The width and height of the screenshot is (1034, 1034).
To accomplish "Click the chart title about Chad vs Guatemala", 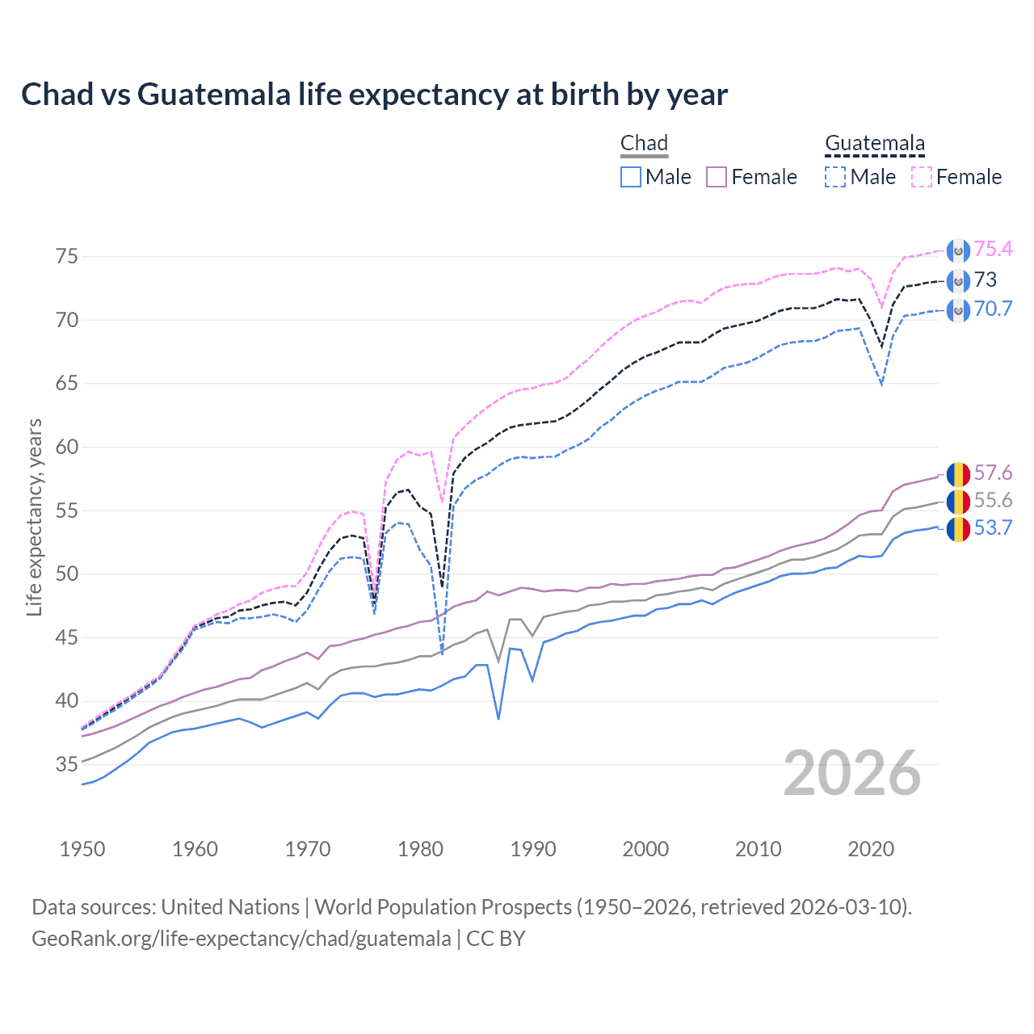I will click(x=374, y=95).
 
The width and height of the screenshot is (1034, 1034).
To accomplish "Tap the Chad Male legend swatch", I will click(x=631, y=177).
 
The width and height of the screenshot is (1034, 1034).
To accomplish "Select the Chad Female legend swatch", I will click(x=717, y=177).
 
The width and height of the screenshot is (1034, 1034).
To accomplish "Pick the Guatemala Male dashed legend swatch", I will click(x=835, y=177).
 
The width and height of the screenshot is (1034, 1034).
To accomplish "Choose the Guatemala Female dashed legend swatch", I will click(x=922, y=177).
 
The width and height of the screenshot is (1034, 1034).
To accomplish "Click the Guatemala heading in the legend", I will click(x=875, y=144).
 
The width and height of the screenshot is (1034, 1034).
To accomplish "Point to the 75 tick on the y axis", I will click(x=67, y=257).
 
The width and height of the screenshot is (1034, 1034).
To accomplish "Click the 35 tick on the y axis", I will click(x=67, y=764).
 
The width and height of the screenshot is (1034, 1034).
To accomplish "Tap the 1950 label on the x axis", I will click(x=82, y=849).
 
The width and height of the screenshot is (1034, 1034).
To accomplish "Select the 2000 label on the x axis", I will click(x=645, y=849).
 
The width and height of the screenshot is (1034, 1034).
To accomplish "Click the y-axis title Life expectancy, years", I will click(x=35, y=517).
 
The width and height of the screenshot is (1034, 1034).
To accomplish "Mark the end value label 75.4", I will click(x=993, y=250).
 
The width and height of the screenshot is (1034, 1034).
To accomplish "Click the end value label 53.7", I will click(x=993, y=528).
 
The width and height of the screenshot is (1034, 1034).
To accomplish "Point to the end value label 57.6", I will click(x=993, y=473).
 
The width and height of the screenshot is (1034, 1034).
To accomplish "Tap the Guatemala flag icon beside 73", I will click(x=958, y=280).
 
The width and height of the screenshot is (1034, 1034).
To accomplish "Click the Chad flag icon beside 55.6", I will click(x=958, y=501).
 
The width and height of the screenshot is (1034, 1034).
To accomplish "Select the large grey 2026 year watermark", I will click(x=852, y=773).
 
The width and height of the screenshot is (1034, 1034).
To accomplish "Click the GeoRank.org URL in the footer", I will click(x=241, y=939).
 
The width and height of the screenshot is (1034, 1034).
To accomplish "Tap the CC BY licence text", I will click(x=496, y=939).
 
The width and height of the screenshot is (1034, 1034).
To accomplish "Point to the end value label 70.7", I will click(x=993, y=309).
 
